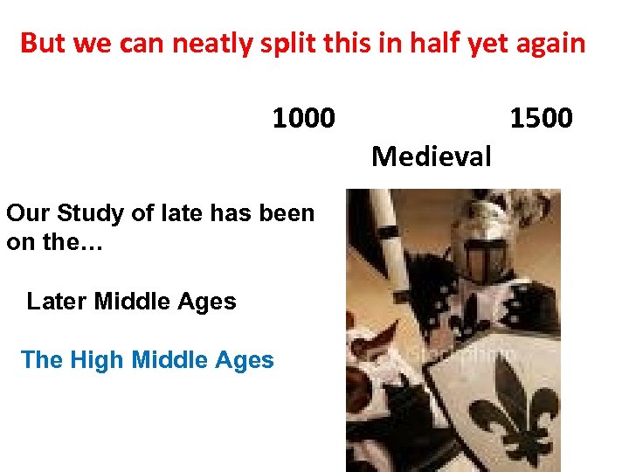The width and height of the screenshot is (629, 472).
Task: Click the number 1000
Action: pyautogui.click(x=303, y=117)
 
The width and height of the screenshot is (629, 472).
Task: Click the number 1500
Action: pyautogui.click(x=541, y=117)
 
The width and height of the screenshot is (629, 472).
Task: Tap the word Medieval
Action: pyautogui.click(x=432, y=157)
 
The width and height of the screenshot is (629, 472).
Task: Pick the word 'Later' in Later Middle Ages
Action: pyautogui.click(x=57, y=302)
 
